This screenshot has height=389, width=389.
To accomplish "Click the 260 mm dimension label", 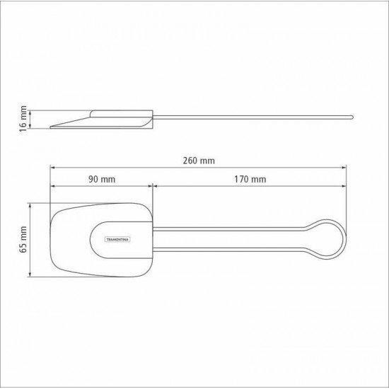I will click(198, 161).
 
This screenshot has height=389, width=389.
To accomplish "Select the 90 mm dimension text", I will click(102, 180).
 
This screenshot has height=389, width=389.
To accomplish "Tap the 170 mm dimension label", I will click(249, 180).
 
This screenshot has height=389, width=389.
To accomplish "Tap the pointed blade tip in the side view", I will click(53, 128).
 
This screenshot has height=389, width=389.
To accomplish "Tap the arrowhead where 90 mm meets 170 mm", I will click(153, 187).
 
